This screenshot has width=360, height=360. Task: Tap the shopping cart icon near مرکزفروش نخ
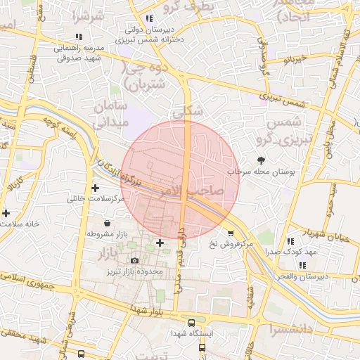click(x=231, y=233)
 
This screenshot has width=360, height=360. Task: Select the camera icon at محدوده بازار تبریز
click(x=135, y=261)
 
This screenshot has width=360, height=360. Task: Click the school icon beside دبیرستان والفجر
click(x=302, y=265)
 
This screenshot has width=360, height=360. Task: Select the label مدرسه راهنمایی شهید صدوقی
click(x=78, y=52)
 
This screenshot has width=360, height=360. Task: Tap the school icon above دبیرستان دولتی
click(x=148, y=18)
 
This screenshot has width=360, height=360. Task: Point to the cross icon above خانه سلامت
click(x=6, y=212)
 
